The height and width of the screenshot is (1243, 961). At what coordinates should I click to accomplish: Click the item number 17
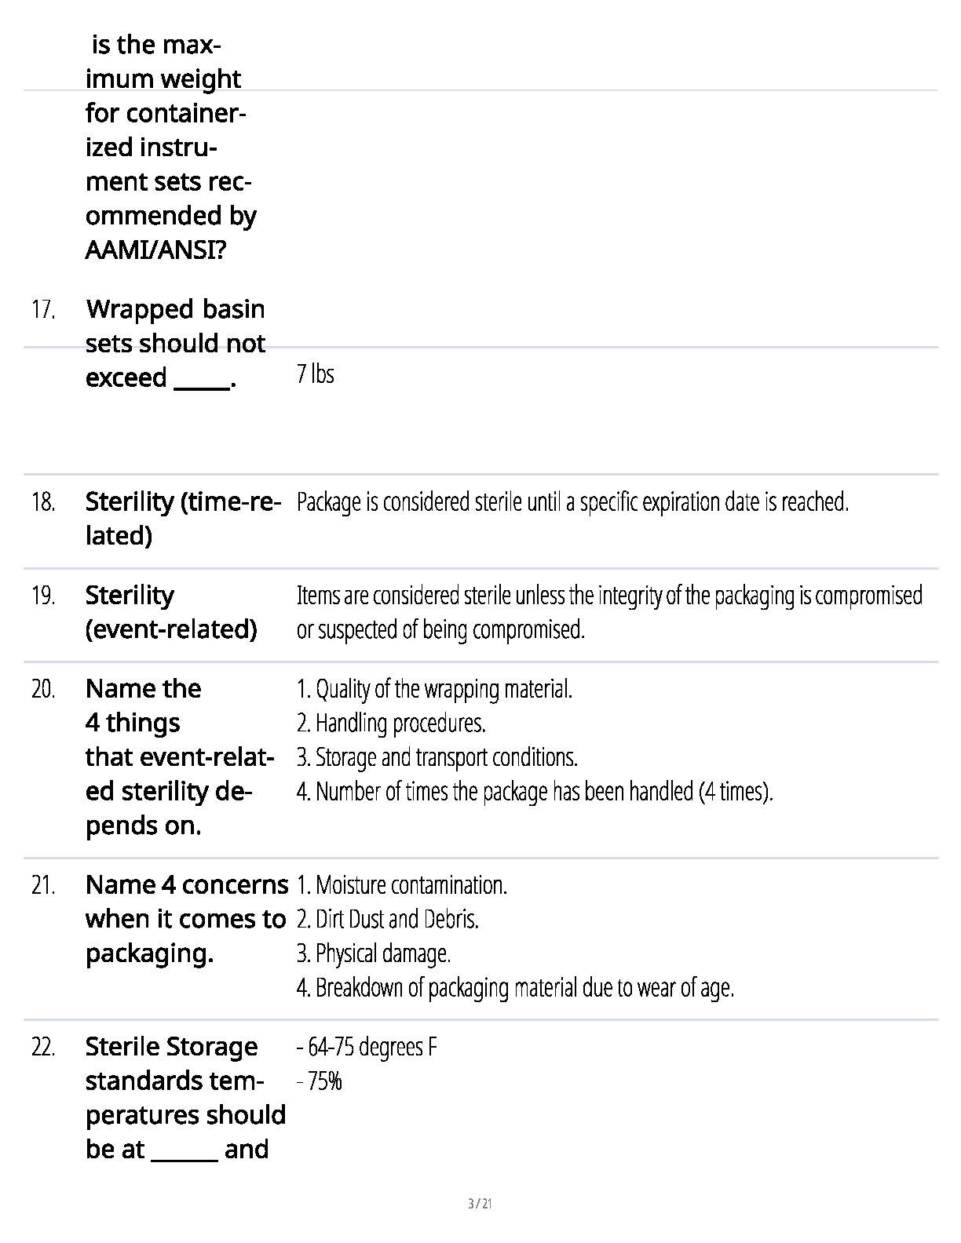[x=43, y=311]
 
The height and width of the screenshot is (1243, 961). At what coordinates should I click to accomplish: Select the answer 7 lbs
[x=316, y=374]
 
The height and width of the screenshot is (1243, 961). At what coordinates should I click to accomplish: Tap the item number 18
[x=43, y=502]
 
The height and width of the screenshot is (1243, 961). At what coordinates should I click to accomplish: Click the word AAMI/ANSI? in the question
[x=155, y=250]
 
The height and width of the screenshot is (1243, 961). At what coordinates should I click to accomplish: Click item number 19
[x=43, y=596]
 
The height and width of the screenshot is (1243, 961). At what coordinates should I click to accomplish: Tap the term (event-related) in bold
[x=171, y=629]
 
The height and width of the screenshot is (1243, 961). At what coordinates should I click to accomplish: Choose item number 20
[x=43, y=690]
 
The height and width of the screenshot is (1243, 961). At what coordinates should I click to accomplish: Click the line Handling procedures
[x=391, y=723]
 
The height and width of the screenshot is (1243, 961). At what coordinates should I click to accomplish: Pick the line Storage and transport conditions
[x=437, y=757]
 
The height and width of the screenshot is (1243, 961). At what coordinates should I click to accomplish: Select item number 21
[x=43, y=886]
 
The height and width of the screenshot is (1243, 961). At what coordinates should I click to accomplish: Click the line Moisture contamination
[x=402, y=886]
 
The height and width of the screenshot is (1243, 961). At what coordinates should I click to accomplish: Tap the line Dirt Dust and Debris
[x=388, y=919]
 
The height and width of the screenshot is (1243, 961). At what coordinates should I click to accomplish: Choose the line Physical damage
[x=374, y=953]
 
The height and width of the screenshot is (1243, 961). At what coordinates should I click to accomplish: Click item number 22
[x=43, y=1048]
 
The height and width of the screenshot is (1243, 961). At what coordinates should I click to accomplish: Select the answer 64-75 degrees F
[x=367, y=1048]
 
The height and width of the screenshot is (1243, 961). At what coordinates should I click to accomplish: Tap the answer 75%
[x=320, y=1082]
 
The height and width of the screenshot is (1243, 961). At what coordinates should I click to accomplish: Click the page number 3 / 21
[x=480, y=1204]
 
